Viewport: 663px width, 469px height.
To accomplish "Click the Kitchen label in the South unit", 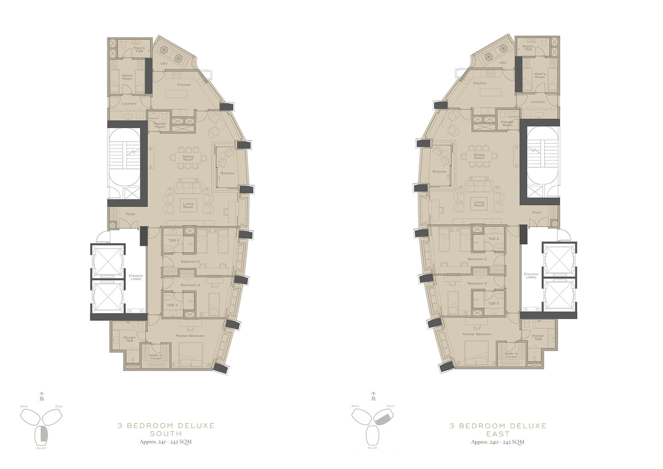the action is (184, 85).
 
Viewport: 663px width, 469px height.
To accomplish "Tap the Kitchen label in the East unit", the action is (480, 83).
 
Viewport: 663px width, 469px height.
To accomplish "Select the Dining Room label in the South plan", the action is (188, 158).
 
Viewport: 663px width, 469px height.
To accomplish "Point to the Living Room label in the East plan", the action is (479, 204).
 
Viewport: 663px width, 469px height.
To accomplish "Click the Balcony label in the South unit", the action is (228, 173).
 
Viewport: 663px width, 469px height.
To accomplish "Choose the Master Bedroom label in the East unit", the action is (477, 334).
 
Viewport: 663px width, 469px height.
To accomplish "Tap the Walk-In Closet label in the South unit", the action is (156, 357).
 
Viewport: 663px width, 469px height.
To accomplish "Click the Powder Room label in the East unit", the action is (507, 123).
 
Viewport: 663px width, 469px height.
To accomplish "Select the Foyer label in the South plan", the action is (131, 214).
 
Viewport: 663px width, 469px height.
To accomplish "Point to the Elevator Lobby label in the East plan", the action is (531, 276).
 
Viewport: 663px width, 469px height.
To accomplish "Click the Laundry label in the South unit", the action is (129, 104).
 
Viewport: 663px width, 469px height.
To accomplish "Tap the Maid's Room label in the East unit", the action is (540, 75).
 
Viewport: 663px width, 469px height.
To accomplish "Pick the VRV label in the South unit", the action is (164, 64).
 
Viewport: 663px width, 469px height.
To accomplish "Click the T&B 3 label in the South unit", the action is (172, 305).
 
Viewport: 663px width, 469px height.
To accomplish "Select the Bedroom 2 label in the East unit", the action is (477, 259).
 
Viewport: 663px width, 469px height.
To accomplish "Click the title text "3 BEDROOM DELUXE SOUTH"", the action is (166, 429).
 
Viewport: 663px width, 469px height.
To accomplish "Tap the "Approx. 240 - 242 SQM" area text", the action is (498, 442).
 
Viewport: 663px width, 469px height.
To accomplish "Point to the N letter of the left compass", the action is (42, 399).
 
